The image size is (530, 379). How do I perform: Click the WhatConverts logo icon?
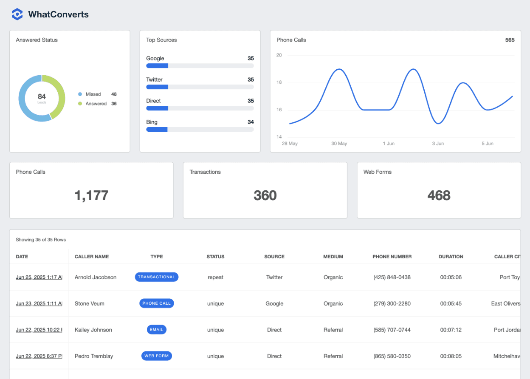click(17, 14)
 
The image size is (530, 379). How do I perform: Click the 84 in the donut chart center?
click(42, 97)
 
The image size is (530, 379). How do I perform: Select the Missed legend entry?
click(93, 94)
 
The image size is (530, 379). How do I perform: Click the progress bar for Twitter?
click(200, 87)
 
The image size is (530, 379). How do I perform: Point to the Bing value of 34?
click(251, 122)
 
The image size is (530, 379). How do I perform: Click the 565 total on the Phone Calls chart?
click(510, 40)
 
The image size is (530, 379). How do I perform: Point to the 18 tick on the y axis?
click(279, 82)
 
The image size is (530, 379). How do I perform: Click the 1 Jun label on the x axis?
click(389, 144)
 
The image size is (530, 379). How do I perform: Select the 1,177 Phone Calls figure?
click(91, 195)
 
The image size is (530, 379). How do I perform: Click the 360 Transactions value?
click(265, 195)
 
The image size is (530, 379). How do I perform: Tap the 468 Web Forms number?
click(439, 195)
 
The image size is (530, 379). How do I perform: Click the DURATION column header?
click(451, 257)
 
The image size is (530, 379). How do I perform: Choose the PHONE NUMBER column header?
click(392, 257)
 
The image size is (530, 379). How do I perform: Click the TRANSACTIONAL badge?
click(157, 277)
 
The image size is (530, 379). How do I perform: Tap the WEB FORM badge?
click(157, 356)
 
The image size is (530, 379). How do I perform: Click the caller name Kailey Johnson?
click(93, 330)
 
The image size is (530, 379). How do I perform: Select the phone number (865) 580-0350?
click(392, 356)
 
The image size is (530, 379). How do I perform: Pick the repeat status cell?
click(215, 277)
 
